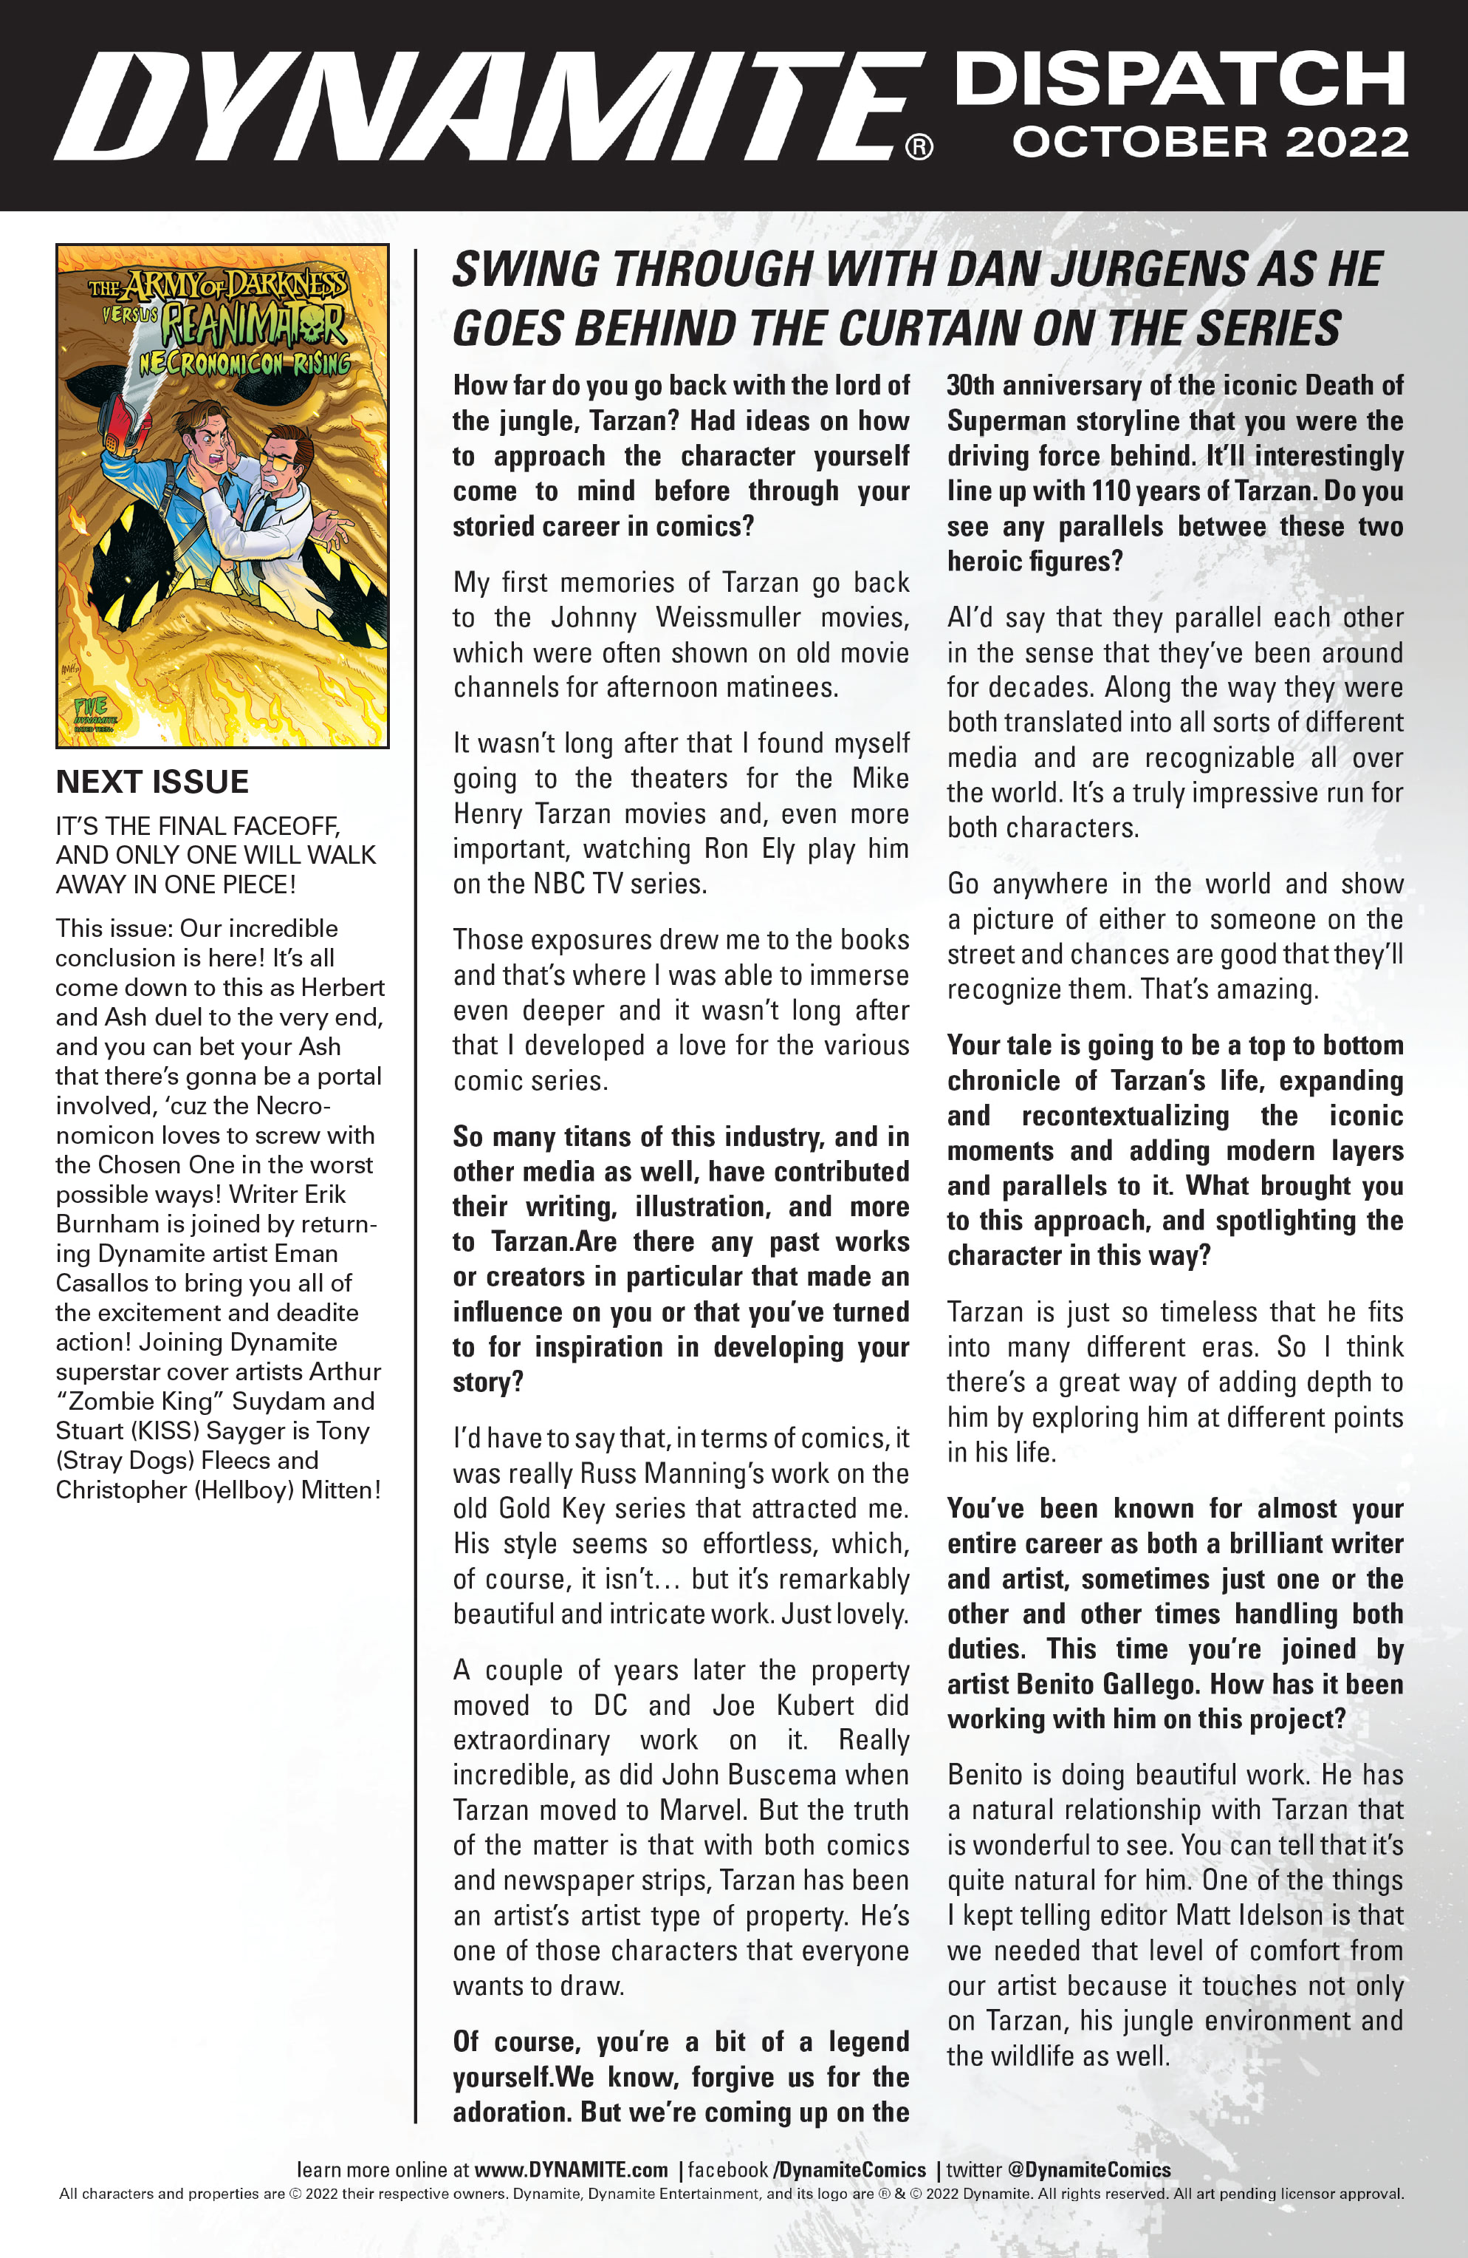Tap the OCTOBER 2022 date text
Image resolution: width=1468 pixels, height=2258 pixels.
click(x=1209, y=143)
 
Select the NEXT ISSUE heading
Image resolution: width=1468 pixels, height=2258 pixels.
click(x=151, y=782)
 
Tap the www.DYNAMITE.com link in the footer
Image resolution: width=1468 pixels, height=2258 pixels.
click(x=571, y=2170)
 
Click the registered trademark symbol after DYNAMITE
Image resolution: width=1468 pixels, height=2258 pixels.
click(x=919, y=147)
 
